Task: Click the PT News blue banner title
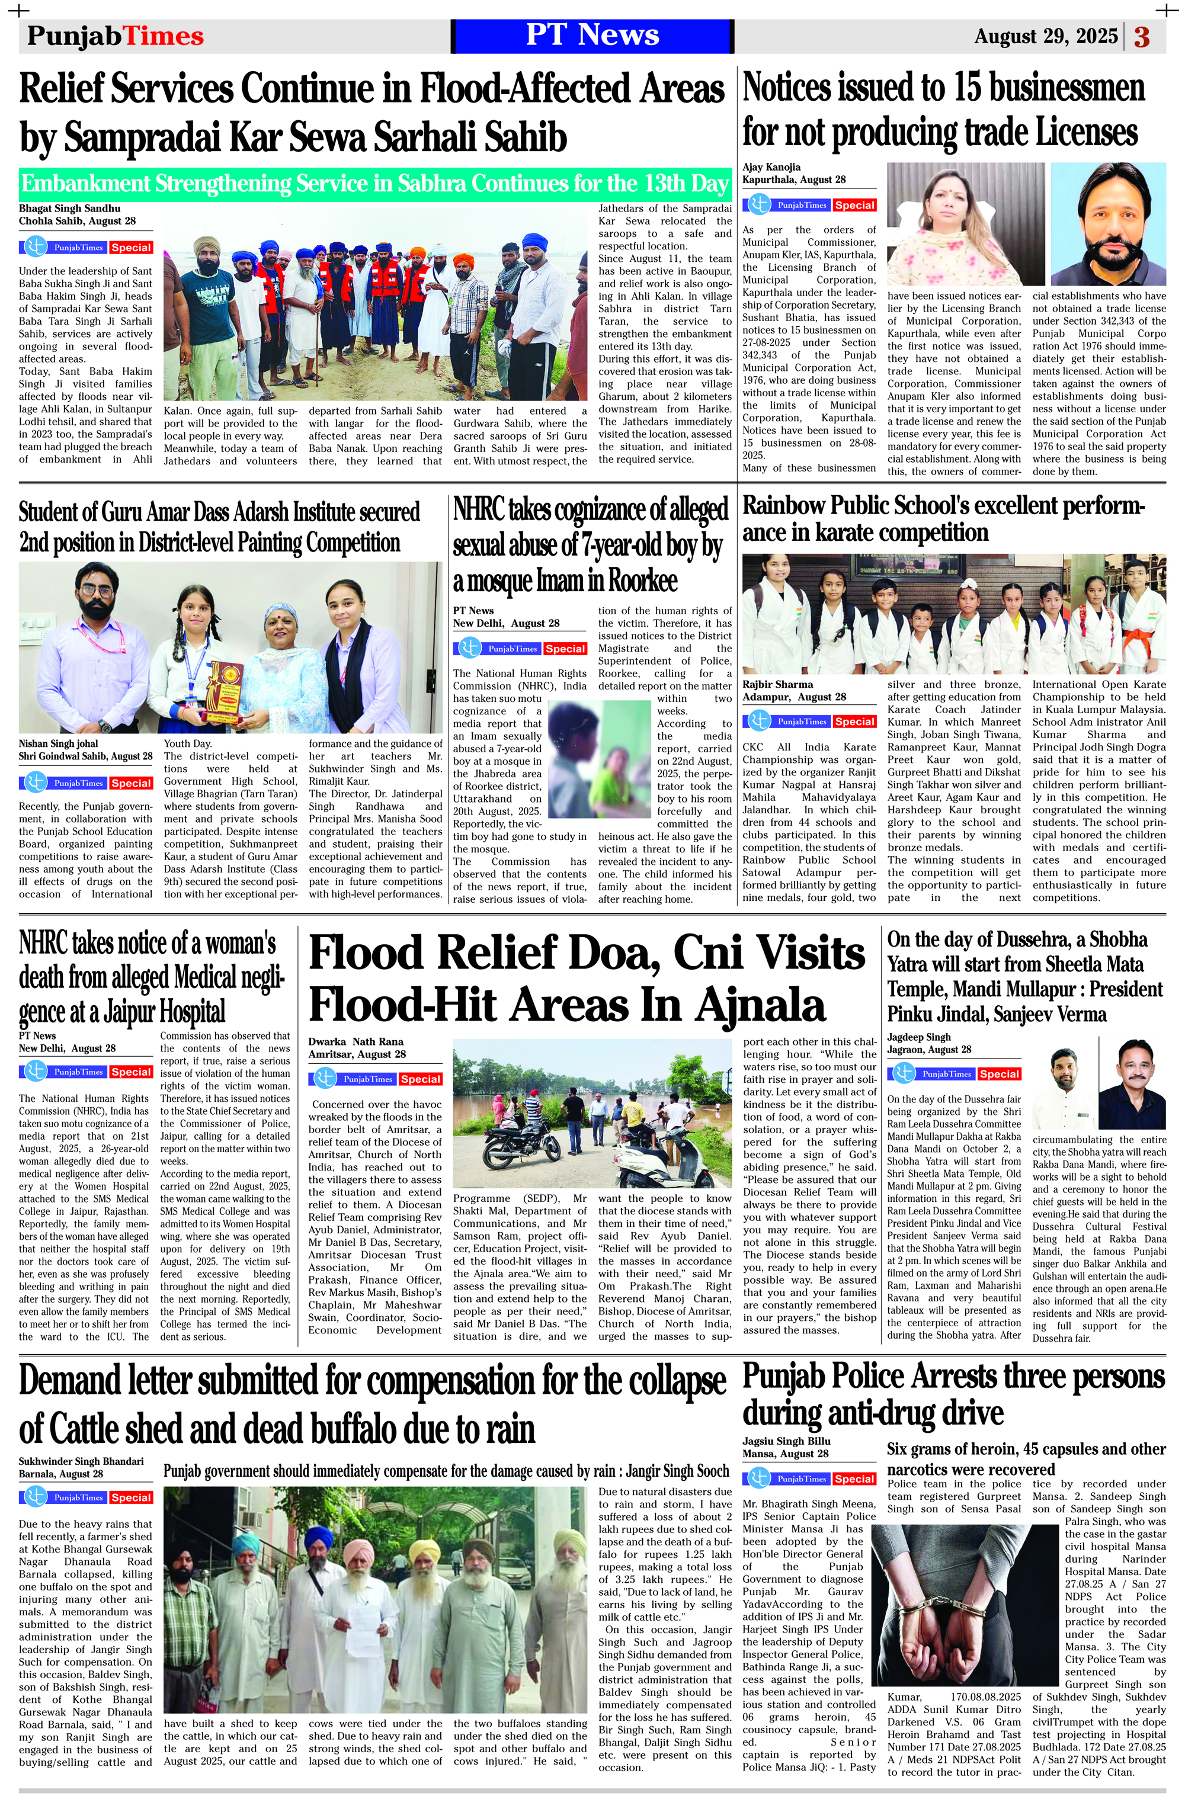pyautogui.click(x=592, y=36)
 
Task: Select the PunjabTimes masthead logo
pyautogui.click(x=115, y=36)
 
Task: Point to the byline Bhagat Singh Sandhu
pyautogui.click(x=69, y=208)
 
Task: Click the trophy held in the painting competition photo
pyautogui.click(x=226, y=691)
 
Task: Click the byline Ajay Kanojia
pyautogui.click(x=771, y=166)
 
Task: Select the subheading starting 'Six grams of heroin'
pyautogui.click(x=1025, y=1459)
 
